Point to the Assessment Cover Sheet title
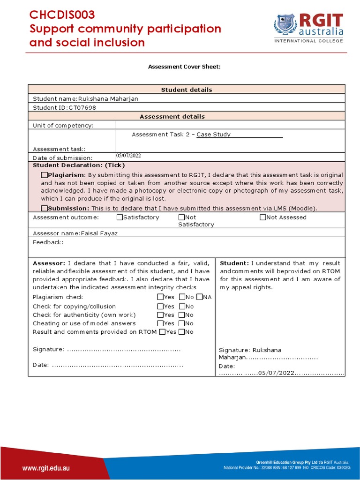(184, 67)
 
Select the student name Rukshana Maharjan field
(108, 99)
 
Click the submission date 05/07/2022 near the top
(128, 156)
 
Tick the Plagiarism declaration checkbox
(44, 175)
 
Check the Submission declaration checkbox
(44, 208)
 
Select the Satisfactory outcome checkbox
(120, 217)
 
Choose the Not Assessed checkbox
(262, 217)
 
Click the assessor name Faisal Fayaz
(99, 233)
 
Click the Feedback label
(48, 242)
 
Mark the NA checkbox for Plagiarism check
(199, 297)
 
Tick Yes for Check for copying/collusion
(160, 307)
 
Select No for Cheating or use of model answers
(181, 323)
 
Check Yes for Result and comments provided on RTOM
(162, 332)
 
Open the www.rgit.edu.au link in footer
(46, 468)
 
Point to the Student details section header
(187, 90)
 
